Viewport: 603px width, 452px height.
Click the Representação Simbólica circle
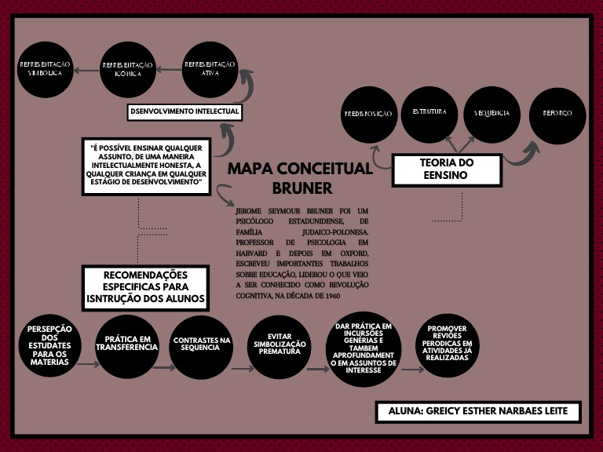click(x=46, y=68)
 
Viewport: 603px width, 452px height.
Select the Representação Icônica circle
click(x=128, y=68)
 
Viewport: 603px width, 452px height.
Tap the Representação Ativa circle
click(x=210, y=68)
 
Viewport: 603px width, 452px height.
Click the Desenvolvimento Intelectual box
click(x=185, y=112)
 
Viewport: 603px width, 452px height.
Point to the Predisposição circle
click(x=368, y=115)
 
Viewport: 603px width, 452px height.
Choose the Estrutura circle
click(x=429, y=113)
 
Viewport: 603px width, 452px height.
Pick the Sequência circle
click(x=492, y=114)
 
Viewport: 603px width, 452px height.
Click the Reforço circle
click(x=557, y=114)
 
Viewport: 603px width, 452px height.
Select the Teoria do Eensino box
click(x=447, y=169)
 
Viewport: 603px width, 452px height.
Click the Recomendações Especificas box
click(x=146, y=287)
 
